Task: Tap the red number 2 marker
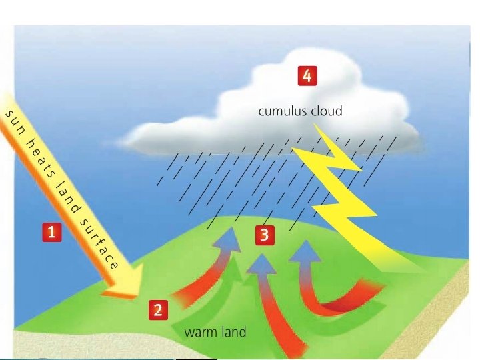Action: [157, 309]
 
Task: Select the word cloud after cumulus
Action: [327, 111]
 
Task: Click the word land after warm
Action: [232, 331]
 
